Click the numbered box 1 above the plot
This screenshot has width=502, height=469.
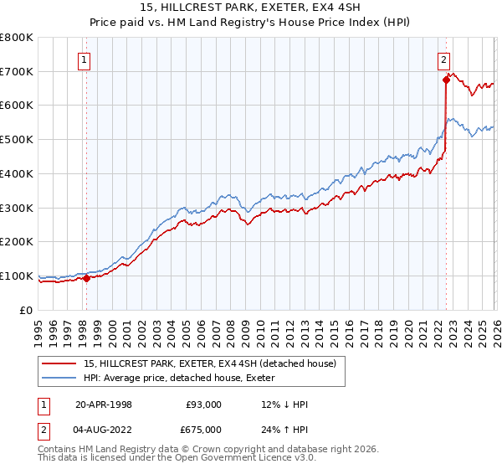click(x=86, y=59)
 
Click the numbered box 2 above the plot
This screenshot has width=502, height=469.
click(x=443, y=59)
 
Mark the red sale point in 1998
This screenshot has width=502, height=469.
click(x=86, y=278)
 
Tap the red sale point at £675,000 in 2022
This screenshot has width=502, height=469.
click(x=445, y=80)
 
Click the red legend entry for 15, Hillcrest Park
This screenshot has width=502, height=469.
click(x=210, y=363)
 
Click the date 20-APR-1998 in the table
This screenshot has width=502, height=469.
click(x=104, y=405)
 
